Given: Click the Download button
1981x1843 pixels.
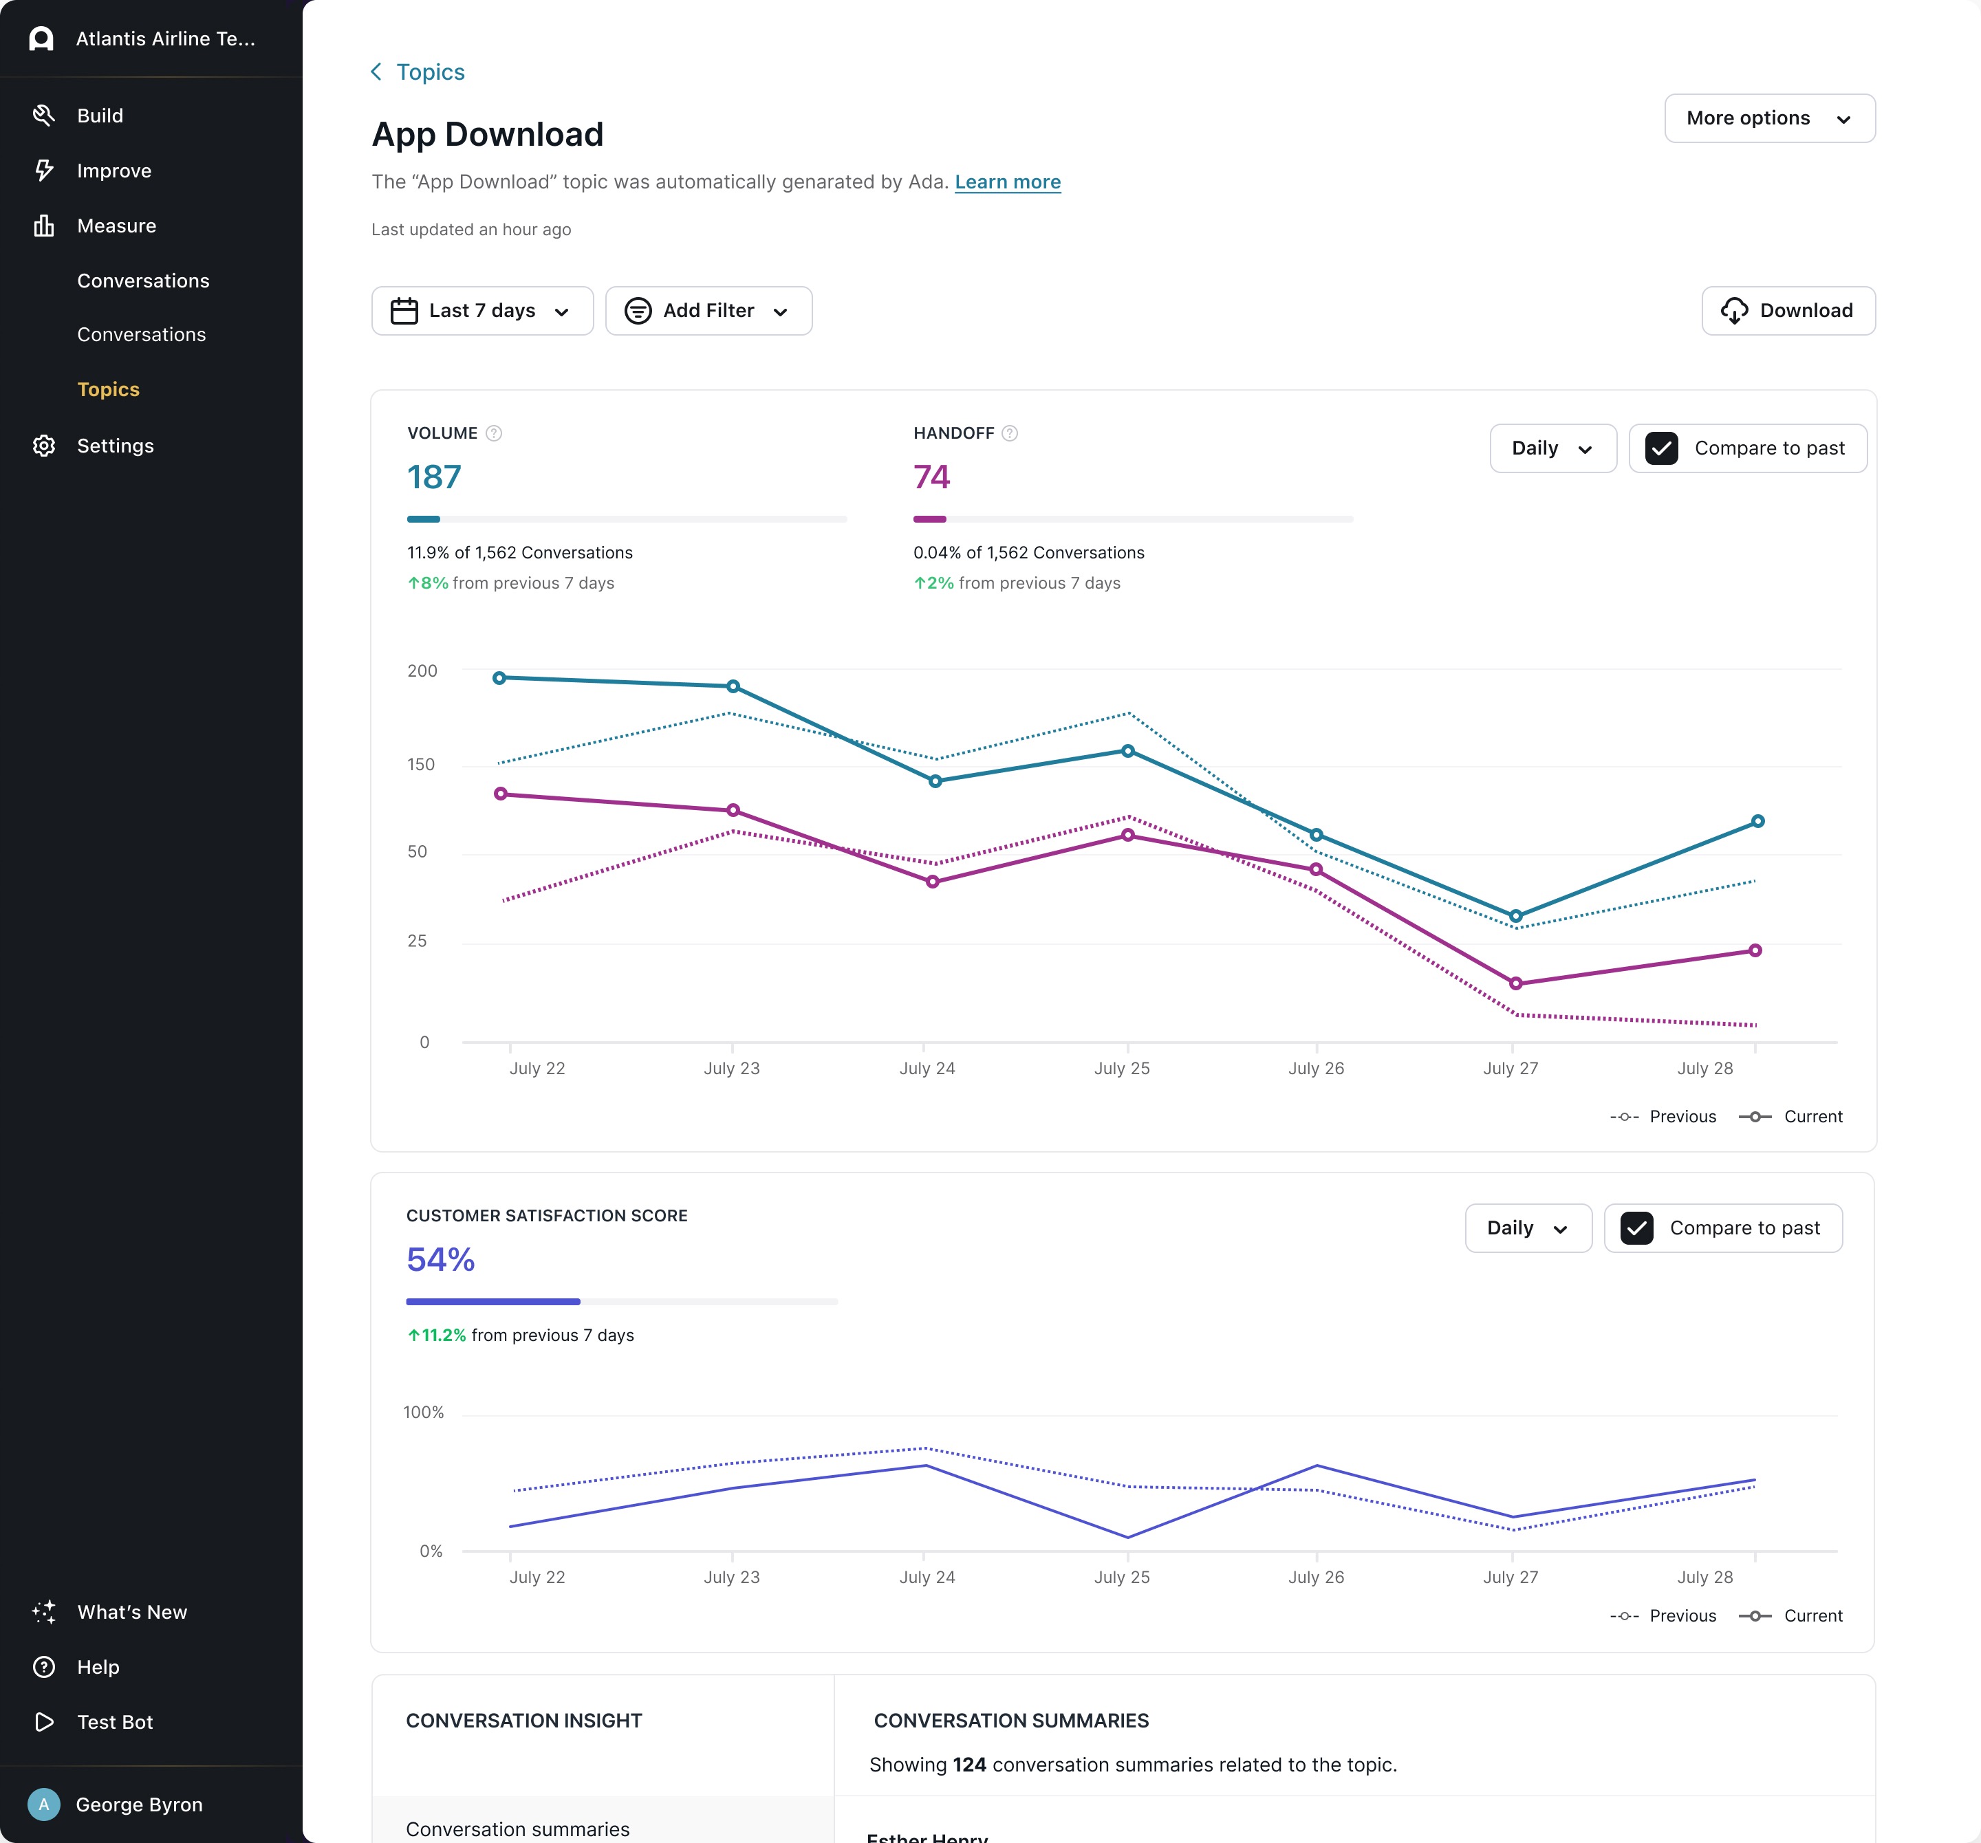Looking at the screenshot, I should coord(1788,311).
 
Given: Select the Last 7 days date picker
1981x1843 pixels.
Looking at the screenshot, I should coord(482,311).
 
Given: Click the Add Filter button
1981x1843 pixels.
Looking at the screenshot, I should coord(708,311).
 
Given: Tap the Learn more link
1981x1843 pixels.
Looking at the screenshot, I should coord(1008,182).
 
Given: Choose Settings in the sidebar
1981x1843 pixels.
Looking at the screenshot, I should coord(116,446).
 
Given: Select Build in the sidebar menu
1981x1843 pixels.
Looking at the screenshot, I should coord(100,116).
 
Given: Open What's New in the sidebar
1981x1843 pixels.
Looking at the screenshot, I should coord(131,1612).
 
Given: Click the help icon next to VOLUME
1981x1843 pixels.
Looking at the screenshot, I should coord(493,433).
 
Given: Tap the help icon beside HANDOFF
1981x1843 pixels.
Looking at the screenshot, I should coord(1010,433).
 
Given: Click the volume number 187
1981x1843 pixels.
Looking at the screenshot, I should coord(435,477).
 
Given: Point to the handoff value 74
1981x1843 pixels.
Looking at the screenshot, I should coord(932,477).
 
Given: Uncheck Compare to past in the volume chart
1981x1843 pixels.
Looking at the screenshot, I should coord(1661,448).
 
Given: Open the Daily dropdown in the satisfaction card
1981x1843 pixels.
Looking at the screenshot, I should coord(1528,1228).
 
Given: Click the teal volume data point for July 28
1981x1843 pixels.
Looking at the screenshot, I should coord(1757,822).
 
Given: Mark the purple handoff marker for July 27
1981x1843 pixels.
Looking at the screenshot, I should coord(1515,983).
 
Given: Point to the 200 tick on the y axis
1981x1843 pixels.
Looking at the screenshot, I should coord(422,671).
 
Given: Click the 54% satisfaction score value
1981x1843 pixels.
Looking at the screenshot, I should coord(440,1259).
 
